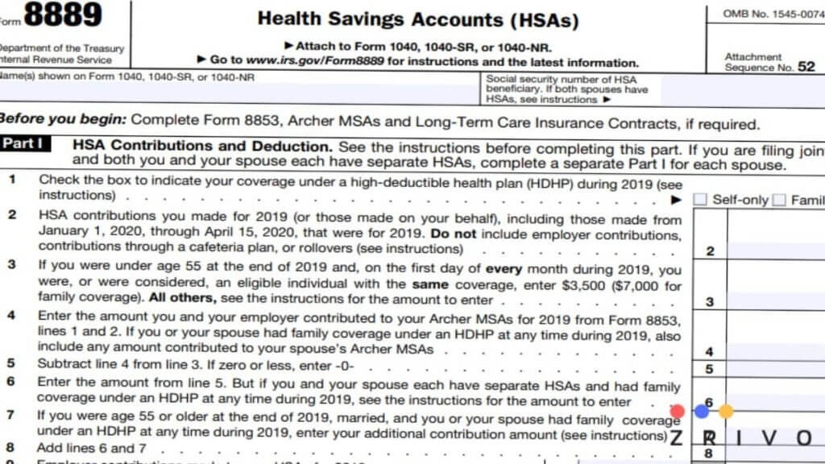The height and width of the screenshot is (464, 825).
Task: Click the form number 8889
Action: pos(64,16)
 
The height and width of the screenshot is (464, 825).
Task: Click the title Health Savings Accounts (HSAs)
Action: pos(417,19)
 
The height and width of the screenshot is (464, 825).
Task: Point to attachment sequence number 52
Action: pos(806,67)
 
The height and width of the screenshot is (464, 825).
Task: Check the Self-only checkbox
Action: pos(700,200)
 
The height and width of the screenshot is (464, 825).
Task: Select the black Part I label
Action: pos(26,145)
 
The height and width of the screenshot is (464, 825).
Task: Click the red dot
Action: pos(677,412)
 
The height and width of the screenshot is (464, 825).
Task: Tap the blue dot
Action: pos(702,412)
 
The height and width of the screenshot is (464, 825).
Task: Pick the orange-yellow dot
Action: pos(726,412)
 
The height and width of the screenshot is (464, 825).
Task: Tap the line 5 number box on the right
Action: pos(709,369)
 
